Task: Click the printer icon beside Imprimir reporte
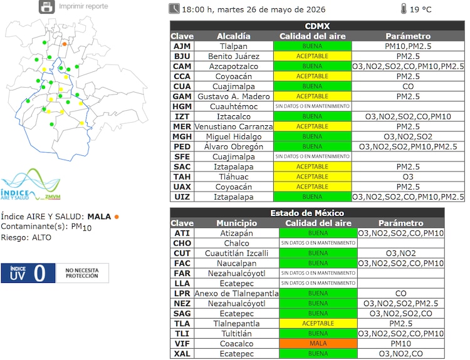(x=47, y=6)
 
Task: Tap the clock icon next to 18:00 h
(x=174, y=9)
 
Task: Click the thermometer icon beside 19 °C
(x=404, y=9)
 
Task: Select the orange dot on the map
(x=65, y=44)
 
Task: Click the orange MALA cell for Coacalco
(x=318, y=344)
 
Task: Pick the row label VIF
(x=182, y=344)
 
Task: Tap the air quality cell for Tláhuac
(x=312, y=177)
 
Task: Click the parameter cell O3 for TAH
(x=408, y=177)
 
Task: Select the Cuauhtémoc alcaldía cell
(x=234, y=106)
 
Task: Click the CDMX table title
(x=317, y=26)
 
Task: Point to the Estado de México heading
(x=307, y=213)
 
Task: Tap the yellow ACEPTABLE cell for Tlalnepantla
(x=318, y=324)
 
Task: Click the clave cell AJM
(x=182, y=46)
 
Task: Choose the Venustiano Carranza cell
(x=234, y=126)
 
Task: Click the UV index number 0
(x=39, y=273)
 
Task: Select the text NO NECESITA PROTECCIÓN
(x=82, y=273)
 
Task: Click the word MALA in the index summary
(x=99, y=217)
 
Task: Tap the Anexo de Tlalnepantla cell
(x=236, y=294)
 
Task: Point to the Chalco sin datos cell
(x=318, y=243)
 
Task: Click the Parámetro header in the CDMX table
(x=408, y=36)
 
